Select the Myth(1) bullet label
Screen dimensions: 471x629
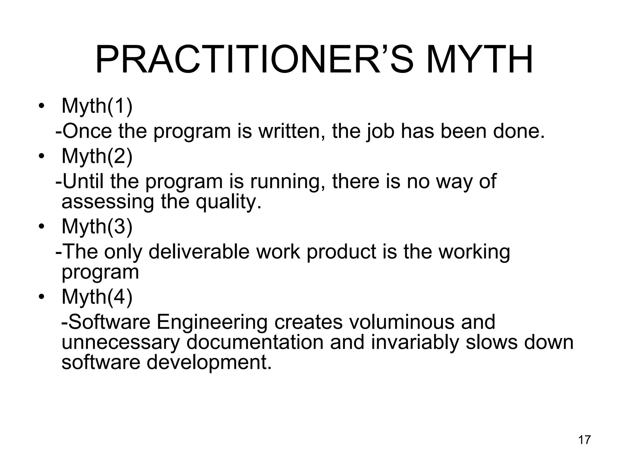pyautogui.click(x=97, y=106)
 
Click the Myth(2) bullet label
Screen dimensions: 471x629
pyautogui.click(x=97, y=156)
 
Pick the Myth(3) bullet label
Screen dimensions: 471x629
pyautogui.click(x=97, y=227)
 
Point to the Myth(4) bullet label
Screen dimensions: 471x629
pyautogui.click(x=97, y=297)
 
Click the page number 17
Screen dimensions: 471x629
pyautogui.click(x=584, y=440)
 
